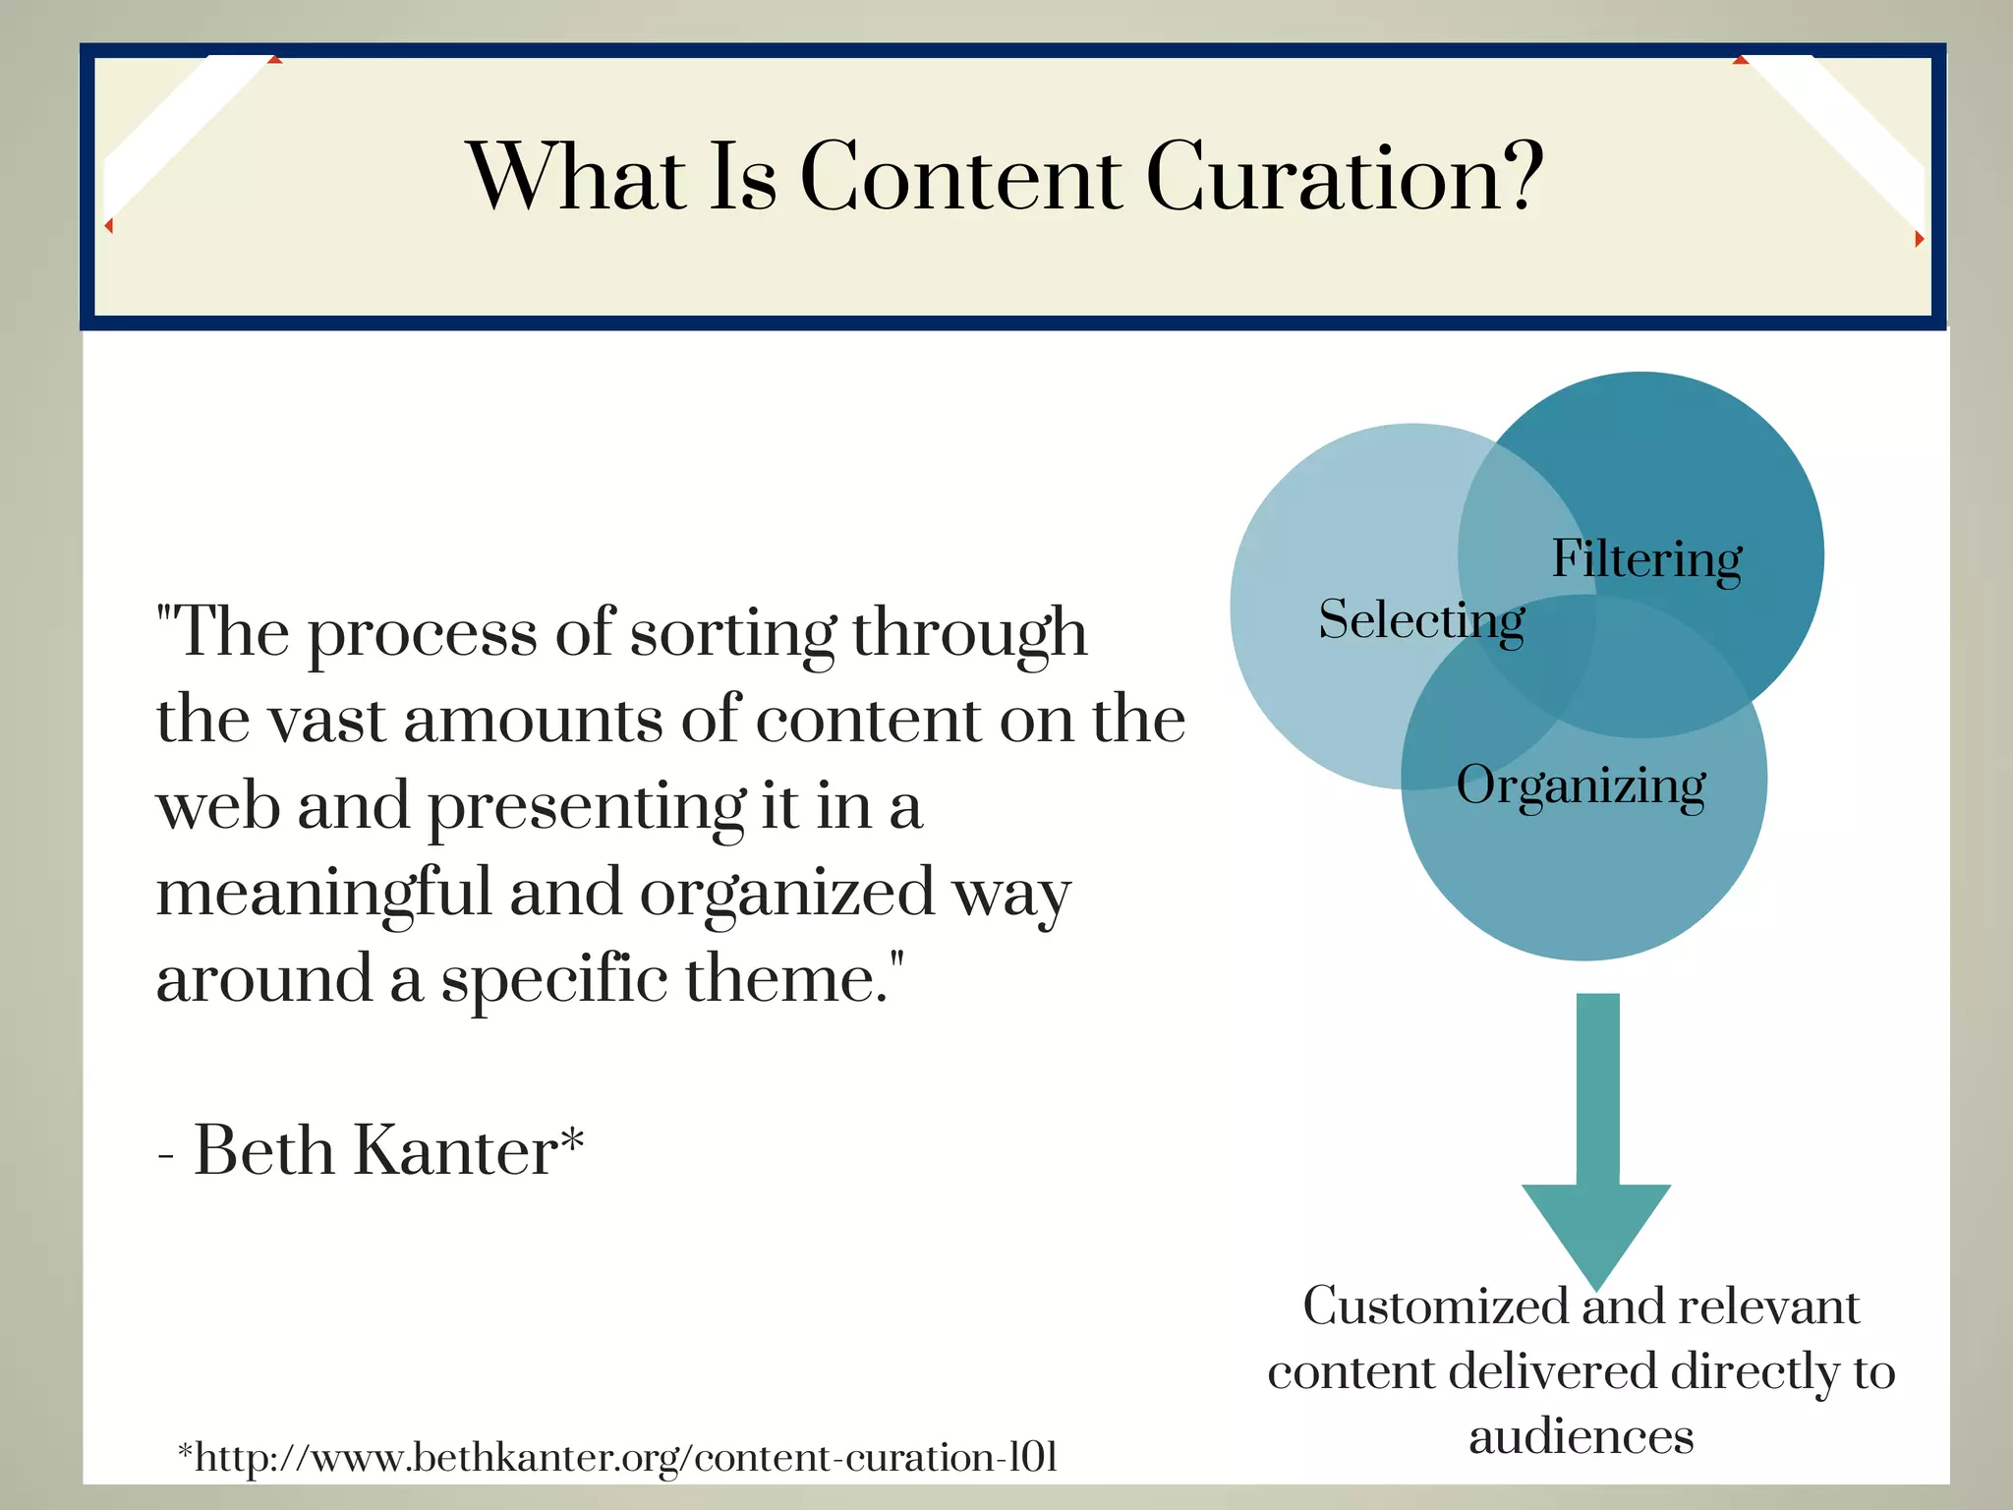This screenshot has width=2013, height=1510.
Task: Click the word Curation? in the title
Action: [1344, 177]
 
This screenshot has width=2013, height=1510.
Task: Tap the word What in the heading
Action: [577, 177]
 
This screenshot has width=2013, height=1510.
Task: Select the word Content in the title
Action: [960, 177]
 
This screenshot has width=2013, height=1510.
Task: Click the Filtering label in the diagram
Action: [1646, 558]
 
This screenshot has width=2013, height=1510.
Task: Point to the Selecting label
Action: [1420, 620]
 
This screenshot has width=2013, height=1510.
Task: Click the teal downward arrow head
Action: [1596, 1229]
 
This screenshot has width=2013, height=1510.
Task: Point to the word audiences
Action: [1581, 1437]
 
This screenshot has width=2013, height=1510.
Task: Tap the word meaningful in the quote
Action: [323, 894]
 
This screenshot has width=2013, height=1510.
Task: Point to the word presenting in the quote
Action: [585, 807]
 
